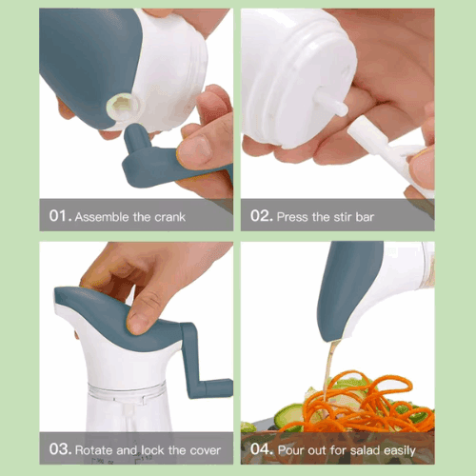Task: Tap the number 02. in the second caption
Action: click(x=262, y=216)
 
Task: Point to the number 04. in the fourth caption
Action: click(x=263, y=449)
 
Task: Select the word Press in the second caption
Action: click(x=295, y=216)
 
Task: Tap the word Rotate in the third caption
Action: click(x=100, y=449)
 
